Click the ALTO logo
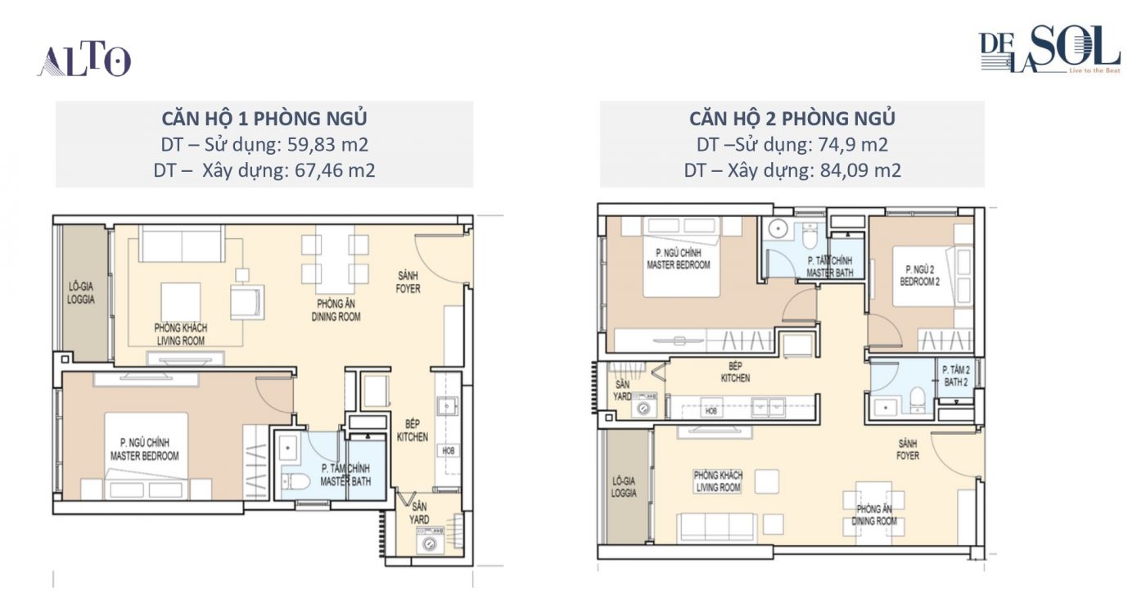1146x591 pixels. (x=84, y=61)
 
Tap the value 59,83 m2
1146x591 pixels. (x=327, y=145)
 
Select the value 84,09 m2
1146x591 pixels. (x=860, y=170)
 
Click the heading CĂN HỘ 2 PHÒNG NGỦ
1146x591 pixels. (x=792, y=118)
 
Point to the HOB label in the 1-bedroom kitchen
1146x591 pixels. (x=449, y=451)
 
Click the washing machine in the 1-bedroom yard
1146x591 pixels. (x=431, y=544)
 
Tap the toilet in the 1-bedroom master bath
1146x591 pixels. (x=296, y=482)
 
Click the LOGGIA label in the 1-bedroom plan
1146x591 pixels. (x=81, y=300)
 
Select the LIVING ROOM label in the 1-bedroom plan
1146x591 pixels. (x=181, y=341)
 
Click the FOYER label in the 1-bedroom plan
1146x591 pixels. (x=408, y=289)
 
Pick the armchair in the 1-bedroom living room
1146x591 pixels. (x=246, y=302)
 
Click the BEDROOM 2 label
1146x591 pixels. (x=920, y=282)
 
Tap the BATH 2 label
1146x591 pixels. (x=956, y=382)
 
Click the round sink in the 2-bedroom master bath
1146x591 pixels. (x=778, y=228)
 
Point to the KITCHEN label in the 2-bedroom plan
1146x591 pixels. (x=735, y=378)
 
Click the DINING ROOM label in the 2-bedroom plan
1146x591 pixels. (x=874, y=521)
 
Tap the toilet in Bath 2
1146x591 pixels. (x=918, y=399)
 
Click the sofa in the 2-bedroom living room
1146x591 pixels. (x=717, y=527)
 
